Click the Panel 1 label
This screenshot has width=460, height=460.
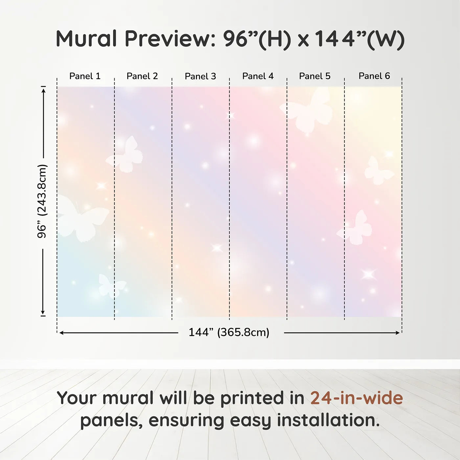pos(85,76)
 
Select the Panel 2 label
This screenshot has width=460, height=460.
pos(142,76)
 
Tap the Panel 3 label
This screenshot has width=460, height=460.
pos(200,76)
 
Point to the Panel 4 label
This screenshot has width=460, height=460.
pos(258,76)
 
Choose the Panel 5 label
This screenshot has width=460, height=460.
pos(315,76)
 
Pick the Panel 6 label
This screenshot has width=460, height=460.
pos(374,76)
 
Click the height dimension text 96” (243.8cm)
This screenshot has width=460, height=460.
pos(42,201)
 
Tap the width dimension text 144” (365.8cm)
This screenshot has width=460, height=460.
pos(229,332)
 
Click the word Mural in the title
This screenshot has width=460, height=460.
pos(86,38)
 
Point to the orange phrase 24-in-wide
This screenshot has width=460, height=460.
pos(356,398)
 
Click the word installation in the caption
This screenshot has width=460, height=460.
pos(328,420)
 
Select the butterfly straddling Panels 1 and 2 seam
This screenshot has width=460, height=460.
pos(125,155)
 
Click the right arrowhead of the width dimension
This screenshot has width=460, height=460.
pos(397,333)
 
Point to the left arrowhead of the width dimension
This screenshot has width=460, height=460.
pos(62,333)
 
